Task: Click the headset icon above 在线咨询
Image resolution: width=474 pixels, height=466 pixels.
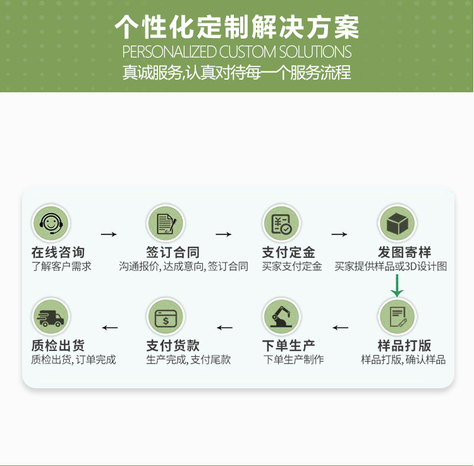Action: pyautogui.click(x=51, y=223)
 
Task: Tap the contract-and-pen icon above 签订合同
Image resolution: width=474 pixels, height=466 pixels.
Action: pyautogui.click(x=166, y=223)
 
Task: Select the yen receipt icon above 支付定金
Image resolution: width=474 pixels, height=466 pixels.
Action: pyautogui.click(x=281, y=223)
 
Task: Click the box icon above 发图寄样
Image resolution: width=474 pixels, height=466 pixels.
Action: pyautogui.click(x=397, y=223)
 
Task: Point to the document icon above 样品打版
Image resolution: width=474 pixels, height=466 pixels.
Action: pyautogui.click(x=397, y=316)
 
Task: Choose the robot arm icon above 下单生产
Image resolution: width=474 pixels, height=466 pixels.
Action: pyautogui.click(x=281, y=316)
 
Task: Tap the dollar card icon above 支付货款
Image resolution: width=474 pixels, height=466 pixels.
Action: pyautogui.click(x=166, y=316)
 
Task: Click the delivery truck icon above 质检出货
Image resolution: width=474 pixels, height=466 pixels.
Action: pyautogui.click(x=51, y=316)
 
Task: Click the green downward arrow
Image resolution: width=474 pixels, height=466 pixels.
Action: pyautogui.click(x=397, y=285)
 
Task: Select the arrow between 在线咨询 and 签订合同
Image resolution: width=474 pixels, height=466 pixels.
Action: pyautogui.click(x=109, y=235)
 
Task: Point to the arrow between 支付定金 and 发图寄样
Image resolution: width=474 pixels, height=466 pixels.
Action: pyautogui.click(x=339, y=235)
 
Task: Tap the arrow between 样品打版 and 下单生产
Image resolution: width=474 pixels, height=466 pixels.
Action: pyautogui.click(x=341, y=328)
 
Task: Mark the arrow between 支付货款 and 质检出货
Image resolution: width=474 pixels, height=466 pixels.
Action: pyautogui.click(x=110, y=328)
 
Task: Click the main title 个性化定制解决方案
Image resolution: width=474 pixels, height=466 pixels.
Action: pyautogui.click(x=237, y=27)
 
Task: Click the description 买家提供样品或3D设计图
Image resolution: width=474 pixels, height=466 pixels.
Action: pyautogui.click(x=391, y=267)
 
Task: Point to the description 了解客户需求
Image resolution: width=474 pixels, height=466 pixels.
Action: pyautogui.click(x=61, y=267)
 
